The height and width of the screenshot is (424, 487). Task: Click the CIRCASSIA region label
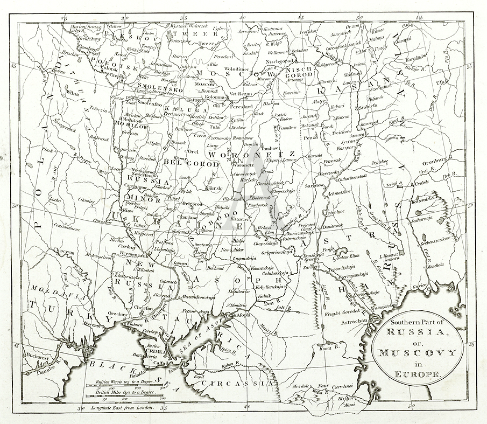[x=236, y=383]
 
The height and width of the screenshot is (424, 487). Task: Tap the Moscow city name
[x=204, y=85]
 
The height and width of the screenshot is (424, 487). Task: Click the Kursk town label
[x=214, y=189]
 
